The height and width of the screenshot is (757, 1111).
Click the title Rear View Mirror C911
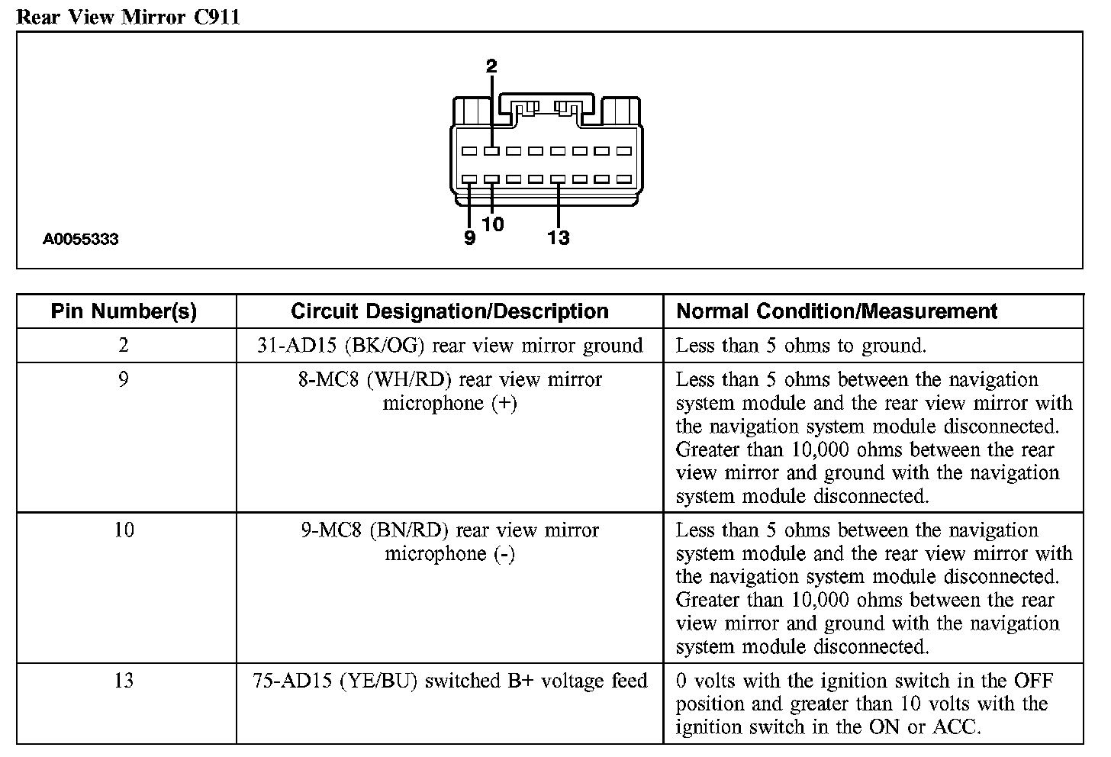[128, 16]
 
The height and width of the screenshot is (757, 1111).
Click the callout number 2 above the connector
[491, 66]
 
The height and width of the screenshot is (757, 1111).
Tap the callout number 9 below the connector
[470, 238]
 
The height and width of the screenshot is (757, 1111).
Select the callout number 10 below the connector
[493, 224]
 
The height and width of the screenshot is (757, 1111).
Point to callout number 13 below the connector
[559, 238]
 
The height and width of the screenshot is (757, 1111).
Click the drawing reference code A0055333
[80, 239]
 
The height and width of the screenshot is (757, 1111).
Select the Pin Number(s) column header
[124, 311]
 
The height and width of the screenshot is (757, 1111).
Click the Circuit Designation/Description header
[449, 311]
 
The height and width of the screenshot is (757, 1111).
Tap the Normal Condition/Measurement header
[837, 311]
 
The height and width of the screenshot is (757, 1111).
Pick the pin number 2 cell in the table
[124, 345]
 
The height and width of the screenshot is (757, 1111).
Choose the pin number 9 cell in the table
[124, 379]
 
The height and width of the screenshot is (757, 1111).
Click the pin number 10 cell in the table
[124, 530]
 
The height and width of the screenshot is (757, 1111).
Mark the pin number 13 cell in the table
[124, 680]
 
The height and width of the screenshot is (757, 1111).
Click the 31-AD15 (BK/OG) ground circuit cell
[449, 346]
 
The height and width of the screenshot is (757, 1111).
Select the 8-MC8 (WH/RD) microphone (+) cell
[449, 391]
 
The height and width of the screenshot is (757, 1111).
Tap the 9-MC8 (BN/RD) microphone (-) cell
[449, 542]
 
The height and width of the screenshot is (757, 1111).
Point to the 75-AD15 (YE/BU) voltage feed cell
[449, 681]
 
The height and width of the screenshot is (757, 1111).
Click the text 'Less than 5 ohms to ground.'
[800, 346]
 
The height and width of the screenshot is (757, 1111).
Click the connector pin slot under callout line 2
[491, 151]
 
